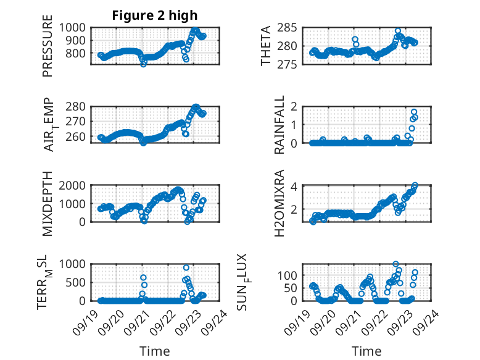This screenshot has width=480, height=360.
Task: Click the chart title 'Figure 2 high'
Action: tap(154, 15)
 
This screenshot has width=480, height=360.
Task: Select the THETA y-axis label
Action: tap(266, 46)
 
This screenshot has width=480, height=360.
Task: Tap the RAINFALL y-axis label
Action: tap(279, 125)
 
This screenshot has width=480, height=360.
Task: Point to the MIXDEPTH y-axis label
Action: tap(48, 203)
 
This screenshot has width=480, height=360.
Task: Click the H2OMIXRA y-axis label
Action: tap(279, 203)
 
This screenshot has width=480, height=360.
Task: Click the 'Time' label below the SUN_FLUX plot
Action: tap(366, 351)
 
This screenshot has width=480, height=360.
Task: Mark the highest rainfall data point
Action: tap(414, 112)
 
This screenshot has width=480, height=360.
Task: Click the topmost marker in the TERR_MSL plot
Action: tap(186, 268)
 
